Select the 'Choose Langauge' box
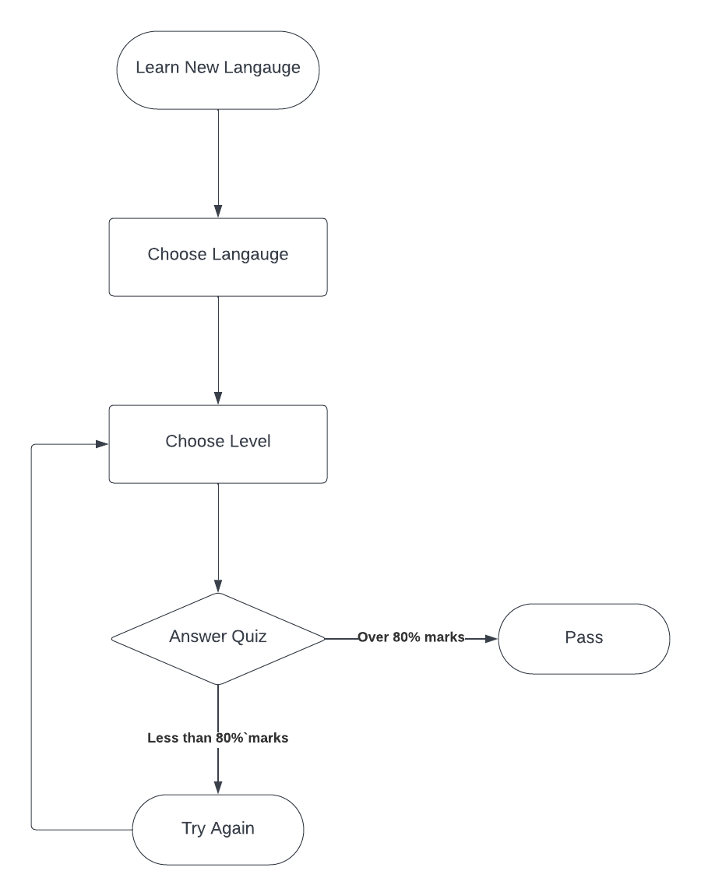tap(218, 257)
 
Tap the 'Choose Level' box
tap(218, 444)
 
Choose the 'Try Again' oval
tap(218, 829)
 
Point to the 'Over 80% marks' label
tap(411, 638)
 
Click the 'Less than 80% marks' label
tap(218, 738)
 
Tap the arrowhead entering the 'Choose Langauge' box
tap(218, 211)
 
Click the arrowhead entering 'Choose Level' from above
tap(218, 398)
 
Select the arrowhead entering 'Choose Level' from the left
tap(101, 444)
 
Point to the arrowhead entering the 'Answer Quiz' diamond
tap(218, 586)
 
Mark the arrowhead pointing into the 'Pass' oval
tap(491, 639)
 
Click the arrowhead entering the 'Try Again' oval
tap(218, 788)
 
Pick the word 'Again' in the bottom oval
tap(233, 829)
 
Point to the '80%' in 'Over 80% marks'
tap(405, 638)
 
